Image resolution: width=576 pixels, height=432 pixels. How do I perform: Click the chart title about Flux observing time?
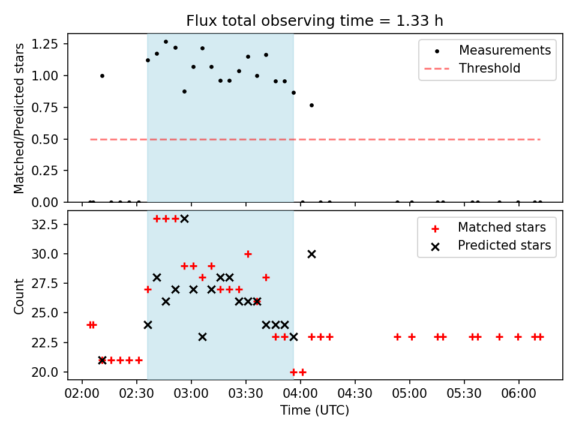click(314, 21)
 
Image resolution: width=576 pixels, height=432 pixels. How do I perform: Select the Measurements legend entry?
click(505, 50)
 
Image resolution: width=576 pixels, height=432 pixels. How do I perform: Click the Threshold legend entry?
click(490, 68)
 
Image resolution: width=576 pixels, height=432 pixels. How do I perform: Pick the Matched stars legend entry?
click(502, 227)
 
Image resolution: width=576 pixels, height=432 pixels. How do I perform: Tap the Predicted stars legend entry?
click(504, 245)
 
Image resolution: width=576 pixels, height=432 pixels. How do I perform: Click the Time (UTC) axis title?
click(314, 411)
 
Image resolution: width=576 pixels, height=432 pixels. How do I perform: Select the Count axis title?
click(19, 296)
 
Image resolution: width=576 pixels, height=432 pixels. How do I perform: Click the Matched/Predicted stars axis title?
click(19, 118)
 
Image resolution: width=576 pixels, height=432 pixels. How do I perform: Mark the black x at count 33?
click(184, 218)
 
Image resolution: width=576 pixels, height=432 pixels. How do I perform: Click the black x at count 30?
click(311, 254)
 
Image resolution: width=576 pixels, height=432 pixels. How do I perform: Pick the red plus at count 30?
click(248, 254)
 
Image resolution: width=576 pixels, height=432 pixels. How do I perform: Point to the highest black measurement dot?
click(166, 41)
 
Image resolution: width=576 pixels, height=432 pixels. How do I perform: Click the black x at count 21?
click(102, 360)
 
